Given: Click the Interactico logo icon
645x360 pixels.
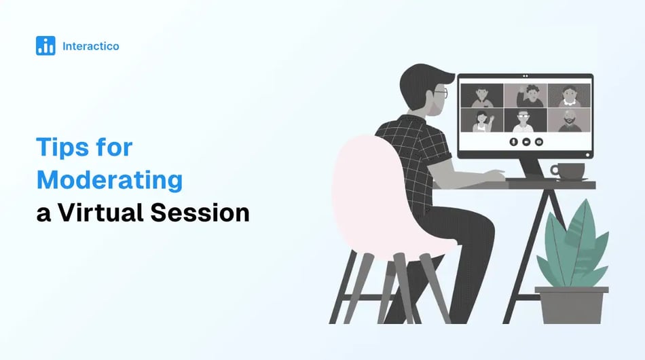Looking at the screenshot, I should click(45, 46).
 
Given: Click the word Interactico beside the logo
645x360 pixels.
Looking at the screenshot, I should click(90, 46).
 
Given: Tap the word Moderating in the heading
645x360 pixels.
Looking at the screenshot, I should click(109, 180).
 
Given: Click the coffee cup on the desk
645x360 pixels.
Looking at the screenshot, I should click(568, 170).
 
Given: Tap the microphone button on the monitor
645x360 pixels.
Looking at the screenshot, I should click(513, 142).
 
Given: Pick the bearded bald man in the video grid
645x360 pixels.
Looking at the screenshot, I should click(569, 120).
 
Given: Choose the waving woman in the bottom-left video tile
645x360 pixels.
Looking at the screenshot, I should click(482, 120).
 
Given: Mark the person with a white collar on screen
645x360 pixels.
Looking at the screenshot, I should click(569, 96).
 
